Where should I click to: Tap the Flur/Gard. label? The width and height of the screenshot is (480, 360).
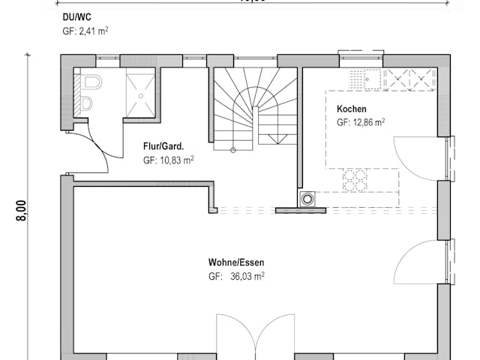(x=163, y=146)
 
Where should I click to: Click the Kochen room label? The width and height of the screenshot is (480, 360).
(x=352, y=109)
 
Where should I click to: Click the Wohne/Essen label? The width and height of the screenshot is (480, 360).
(x=236, y=262)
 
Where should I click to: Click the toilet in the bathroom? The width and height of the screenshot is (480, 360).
(x=92, y=82)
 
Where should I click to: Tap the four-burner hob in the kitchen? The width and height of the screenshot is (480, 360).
(x=355, y=179)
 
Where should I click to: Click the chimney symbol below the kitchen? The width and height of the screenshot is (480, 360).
(x=307, y=199)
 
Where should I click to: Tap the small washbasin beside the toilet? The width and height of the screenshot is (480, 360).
(x=86, y=103)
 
